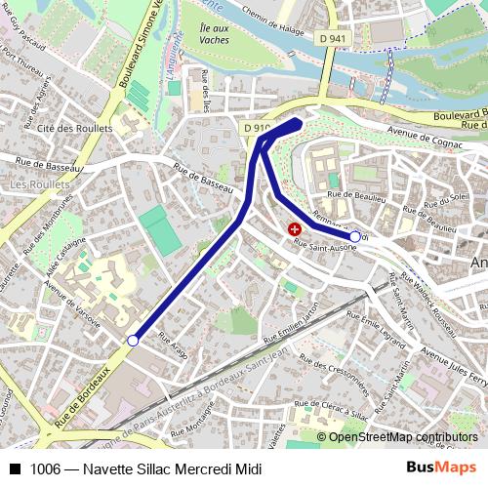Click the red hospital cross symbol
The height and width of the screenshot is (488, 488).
tap(295, 228)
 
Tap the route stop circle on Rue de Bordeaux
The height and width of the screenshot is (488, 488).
tap(133, 341)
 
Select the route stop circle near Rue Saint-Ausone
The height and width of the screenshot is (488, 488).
tap(354, 236)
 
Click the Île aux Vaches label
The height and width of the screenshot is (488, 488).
tap(214, 35)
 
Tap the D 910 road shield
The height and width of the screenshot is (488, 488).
tap(257, 128)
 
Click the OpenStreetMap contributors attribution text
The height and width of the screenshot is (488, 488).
tap(403, 437)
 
